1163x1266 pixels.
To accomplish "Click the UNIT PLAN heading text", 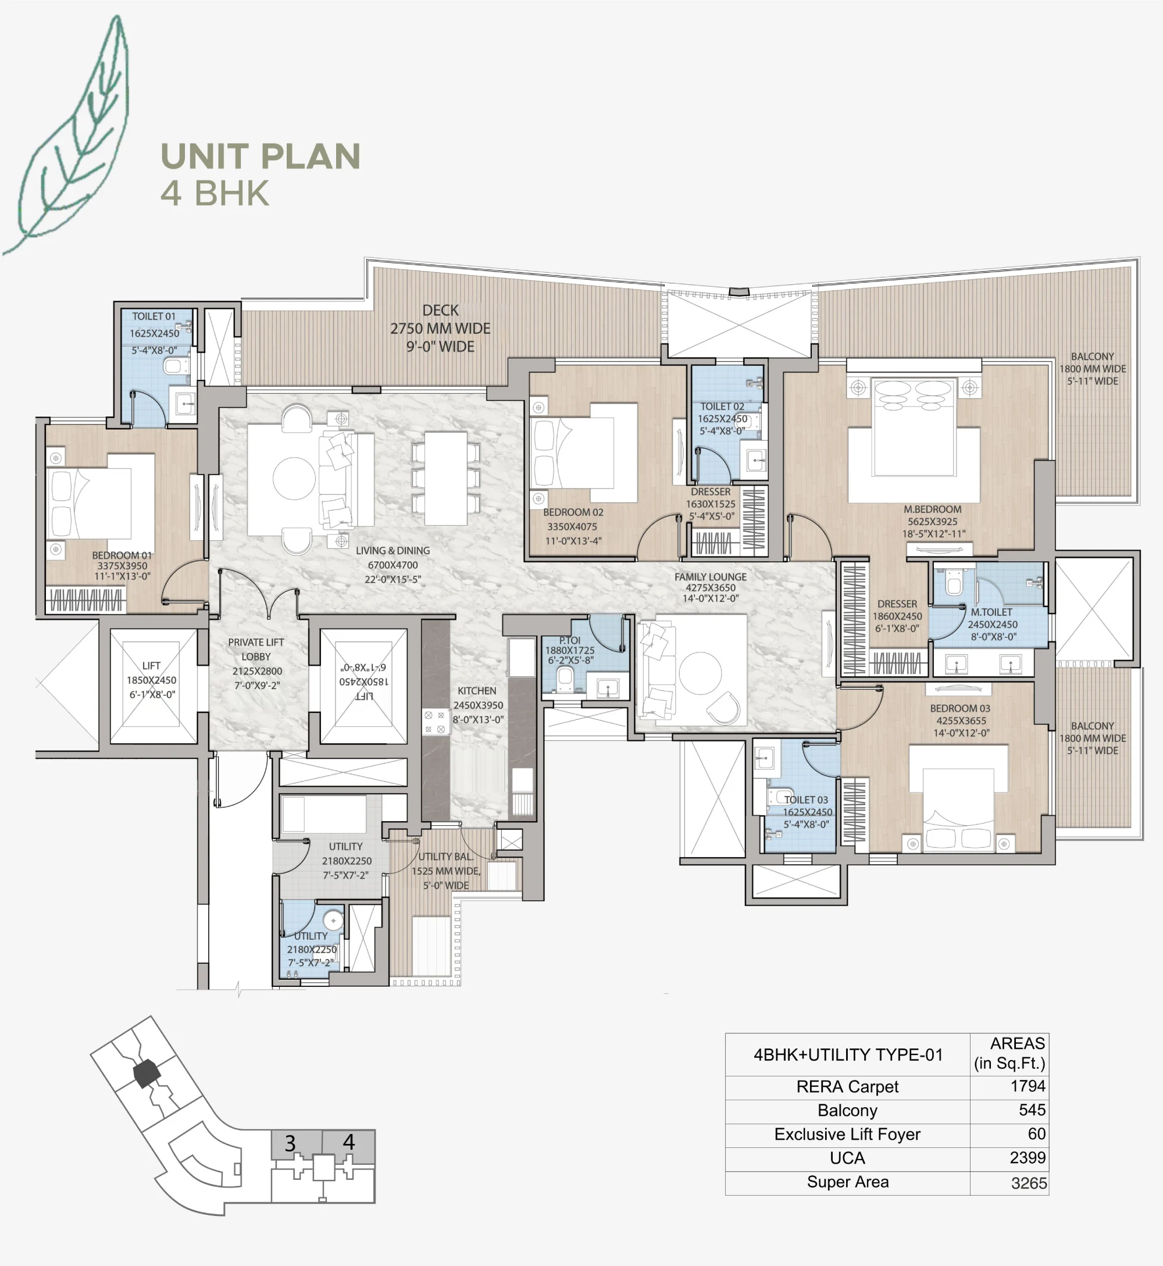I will click(x=260, y=156).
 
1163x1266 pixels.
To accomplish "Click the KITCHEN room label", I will click(x=476, y=690).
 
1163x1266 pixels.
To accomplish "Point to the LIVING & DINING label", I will click(x=393, y=551).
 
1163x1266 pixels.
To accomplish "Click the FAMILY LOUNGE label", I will click(x=711, y=577).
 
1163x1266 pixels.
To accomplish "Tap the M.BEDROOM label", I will click(x=932, y=509).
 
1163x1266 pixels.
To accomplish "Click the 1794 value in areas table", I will click(x=1027, y=1086).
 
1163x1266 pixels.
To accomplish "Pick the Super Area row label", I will click(x=847, y=1182).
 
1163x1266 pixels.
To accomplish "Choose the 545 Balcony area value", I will click(x=1032, y=1110).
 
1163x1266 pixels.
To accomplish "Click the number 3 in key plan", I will click(x=290, y=1143).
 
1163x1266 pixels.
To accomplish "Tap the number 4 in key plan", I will click(x=349, y=1142).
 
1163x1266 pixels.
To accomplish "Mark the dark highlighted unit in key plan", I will click(x=147, y=1074).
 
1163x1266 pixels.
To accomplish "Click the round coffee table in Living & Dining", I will click(x=294, y=479).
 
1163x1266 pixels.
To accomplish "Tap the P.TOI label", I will click(x=569, y=640).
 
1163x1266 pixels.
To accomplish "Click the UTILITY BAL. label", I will click(x=445, y=857).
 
